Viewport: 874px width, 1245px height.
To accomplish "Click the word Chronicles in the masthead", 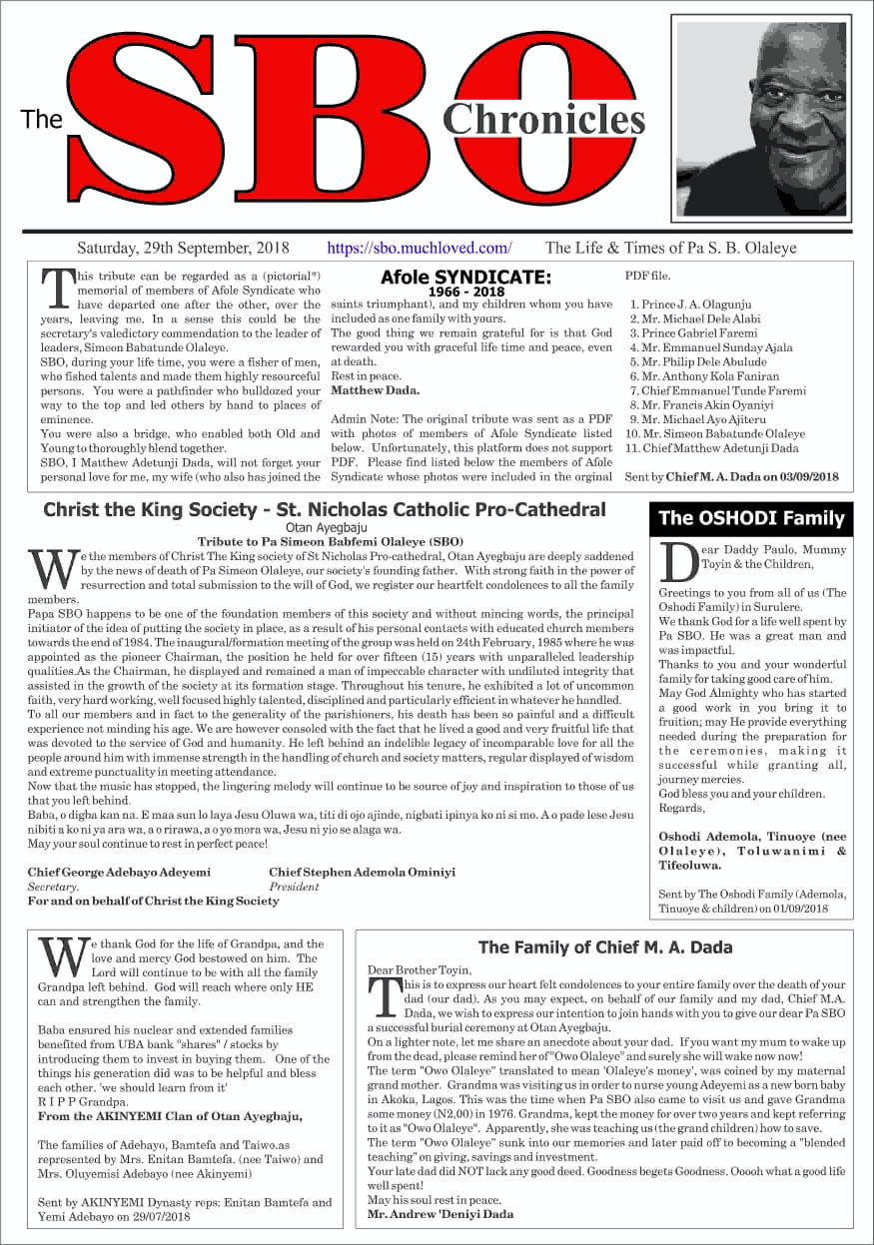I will click(544, 119).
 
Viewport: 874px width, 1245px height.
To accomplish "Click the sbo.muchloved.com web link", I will click(420, 248).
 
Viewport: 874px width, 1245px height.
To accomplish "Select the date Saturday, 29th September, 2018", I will click(183, 248).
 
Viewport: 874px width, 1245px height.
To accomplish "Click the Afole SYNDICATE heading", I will click(465, 278).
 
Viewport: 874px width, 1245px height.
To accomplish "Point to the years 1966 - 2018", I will click(465, 292).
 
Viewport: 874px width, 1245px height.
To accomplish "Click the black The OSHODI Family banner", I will click(751, 517).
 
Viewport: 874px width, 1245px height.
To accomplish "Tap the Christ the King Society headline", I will click(324, 510).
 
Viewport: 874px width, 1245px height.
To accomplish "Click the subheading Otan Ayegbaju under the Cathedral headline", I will click(324, 526).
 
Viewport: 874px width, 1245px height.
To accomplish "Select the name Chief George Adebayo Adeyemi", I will click(119, 872).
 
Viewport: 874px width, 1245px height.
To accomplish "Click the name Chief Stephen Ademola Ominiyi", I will click(362, 872).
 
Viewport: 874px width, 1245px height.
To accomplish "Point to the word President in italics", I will click(294, 886).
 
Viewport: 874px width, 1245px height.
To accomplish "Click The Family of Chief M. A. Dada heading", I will click(605, 947).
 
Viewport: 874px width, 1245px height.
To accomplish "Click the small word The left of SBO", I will click(42, 120).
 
